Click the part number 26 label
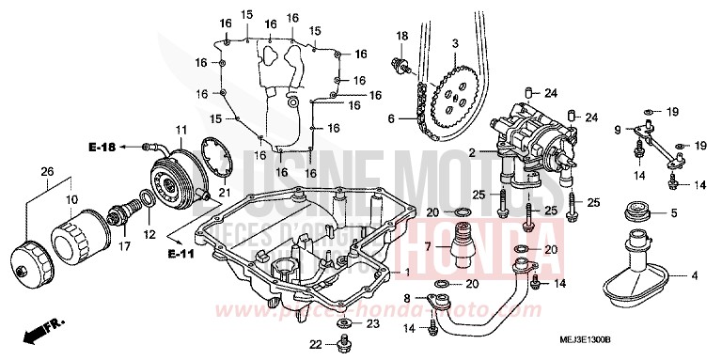[46, 170]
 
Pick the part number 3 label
[454, 44]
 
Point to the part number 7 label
[428, 245]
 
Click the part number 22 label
[317, 343]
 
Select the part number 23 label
[373, 324]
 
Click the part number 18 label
[401, 37]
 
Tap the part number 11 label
[180, 128]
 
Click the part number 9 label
[619, 129]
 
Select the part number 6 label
[391, 118]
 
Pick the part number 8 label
[406, 298]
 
